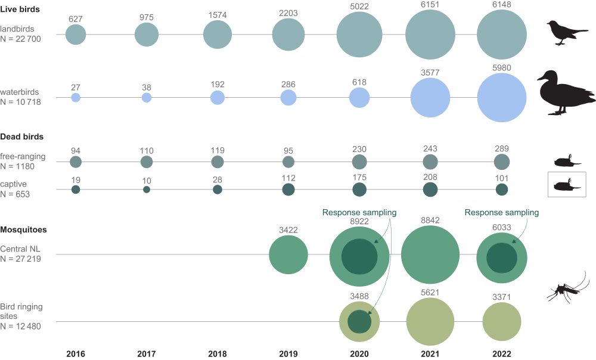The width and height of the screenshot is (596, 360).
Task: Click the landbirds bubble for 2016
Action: (x=76, y=35)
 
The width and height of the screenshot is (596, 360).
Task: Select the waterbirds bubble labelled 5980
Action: (x=502, y=97)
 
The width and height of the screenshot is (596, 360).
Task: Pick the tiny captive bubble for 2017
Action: (x=147, y=190)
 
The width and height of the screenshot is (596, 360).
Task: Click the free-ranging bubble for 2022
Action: (x=502, y=162)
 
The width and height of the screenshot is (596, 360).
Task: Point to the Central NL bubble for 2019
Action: (x=288, y=255)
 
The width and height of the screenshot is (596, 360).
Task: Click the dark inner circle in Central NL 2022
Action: (x=502, y=258)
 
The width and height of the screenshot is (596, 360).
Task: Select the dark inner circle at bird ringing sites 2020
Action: (x=359, y=321)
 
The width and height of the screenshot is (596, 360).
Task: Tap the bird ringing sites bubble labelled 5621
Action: (x=430, y=322)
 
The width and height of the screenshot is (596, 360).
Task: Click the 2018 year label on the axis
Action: (x=218, y=353)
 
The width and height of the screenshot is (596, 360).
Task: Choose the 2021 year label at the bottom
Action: (x=430, y=353)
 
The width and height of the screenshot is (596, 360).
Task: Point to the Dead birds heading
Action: (x=22, y=136)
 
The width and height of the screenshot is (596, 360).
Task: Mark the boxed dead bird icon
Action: (x=567, y=184)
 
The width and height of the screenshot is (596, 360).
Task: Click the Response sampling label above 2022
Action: (x=501, y=212)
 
